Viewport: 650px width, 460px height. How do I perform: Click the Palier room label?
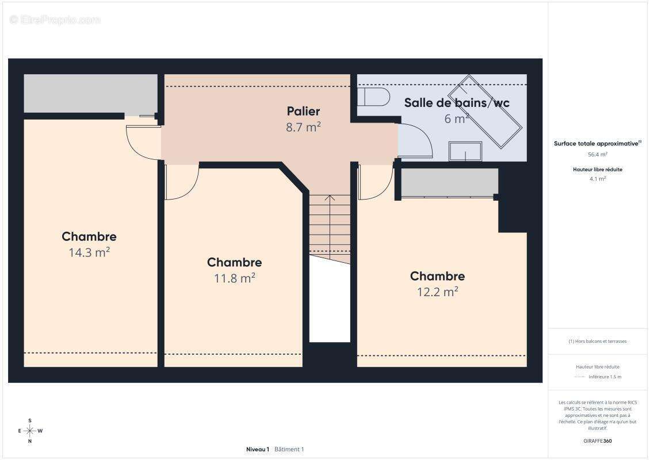coord(303,111)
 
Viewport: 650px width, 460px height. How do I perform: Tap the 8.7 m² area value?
coord(303,127)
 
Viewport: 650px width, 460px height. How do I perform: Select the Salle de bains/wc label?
coord(456,103)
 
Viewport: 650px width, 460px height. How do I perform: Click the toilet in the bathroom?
coord(373,97)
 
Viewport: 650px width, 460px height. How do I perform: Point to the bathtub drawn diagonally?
coord(484,112)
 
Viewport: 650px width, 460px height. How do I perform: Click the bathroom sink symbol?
coord(465,151)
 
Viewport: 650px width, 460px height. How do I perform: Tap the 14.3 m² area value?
coord(89,252)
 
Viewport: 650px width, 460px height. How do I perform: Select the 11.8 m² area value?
coord(234,278)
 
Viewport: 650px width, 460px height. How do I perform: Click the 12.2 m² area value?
coord(437,292)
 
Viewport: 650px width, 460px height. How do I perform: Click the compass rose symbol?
coord(30,431)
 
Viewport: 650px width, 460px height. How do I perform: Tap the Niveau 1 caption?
coord(258,449)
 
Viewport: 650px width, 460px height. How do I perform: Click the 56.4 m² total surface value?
coord(597,154)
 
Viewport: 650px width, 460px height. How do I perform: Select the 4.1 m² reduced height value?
coord(597,179)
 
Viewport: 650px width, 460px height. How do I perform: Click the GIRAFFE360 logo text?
coord(597,441)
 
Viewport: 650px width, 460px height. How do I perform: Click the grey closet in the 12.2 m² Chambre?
coord(450,182)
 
